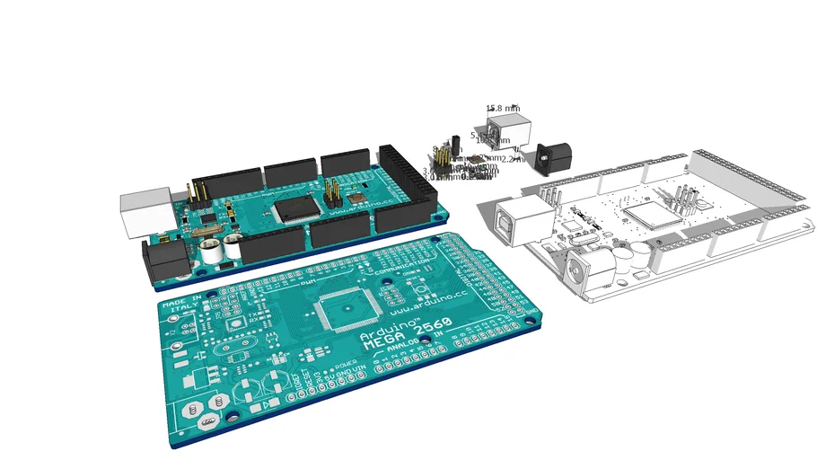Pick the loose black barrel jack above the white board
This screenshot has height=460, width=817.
[546, 158]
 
